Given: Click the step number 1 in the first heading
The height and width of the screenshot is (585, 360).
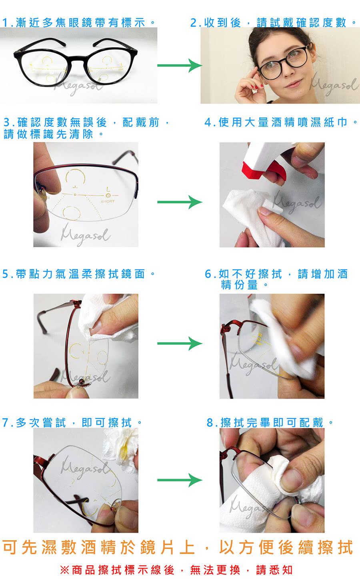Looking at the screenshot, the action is click(5, 23).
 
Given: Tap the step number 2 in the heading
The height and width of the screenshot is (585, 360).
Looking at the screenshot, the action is click(194, 23).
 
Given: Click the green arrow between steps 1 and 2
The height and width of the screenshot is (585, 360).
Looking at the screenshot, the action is click(180, 65).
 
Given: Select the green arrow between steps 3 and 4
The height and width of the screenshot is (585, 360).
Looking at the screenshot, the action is click(180, 202).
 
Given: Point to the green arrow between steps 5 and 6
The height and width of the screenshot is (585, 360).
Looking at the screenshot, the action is click(180, 343).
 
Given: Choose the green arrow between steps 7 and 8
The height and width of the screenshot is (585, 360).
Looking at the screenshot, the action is click(180, 480).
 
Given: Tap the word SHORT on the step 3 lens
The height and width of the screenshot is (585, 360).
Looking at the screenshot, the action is click(107, 202).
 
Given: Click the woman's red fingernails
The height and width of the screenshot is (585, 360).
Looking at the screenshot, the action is click(257, 86).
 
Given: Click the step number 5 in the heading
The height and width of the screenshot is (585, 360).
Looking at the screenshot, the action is click(6, 274).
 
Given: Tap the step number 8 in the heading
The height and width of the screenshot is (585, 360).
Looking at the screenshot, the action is click(210, 422).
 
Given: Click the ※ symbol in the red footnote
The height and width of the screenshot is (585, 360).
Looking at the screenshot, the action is click(64, 570).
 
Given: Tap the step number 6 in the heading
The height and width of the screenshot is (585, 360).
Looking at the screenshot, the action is click(208, 274).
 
